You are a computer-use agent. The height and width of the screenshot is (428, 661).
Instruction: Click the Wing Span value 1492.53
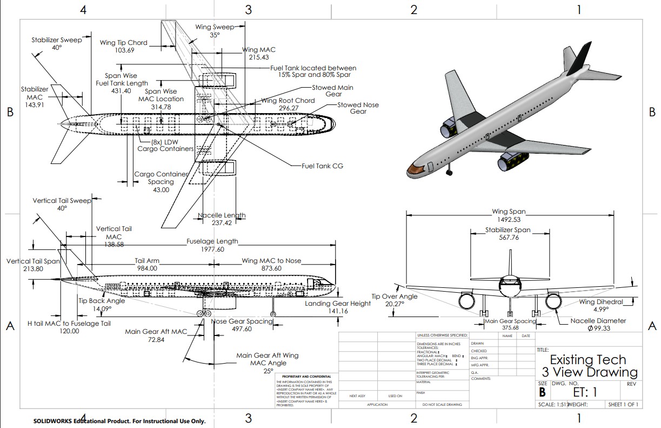coord(509,220)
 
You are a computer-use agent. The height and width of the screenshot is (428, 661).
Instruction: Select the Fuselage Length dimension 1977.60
coord(212,249)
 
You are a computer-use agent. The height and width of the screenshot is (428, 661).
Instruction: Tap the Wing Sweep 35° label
coord(215,35)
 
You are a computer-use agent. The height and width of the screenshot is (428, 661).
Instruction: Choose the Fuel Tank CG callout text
coord(322,166)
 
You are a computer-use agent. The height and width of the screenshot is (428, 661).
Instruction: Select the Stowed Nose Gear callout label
coord(358,108)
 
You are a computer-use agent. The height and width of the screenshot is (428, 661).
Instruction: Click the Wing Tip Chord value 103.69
coord(124,50)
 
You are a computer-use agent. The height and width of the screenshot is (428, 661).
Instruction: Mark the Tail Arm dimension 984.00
coord(146,268)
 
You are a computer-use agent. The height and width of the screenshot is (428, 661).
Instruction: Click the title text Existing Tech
coord(588,360)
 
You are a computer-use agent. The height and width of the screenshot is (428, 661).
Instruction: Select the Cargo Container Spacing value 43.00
coord(161,190)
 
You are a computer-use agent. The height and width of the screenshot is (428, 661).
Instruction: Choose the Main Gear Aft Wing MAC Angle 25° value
coord(267,371)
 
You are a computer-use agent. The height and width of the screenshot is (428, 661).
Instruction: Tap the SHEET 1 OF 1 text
coord(623,404)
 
